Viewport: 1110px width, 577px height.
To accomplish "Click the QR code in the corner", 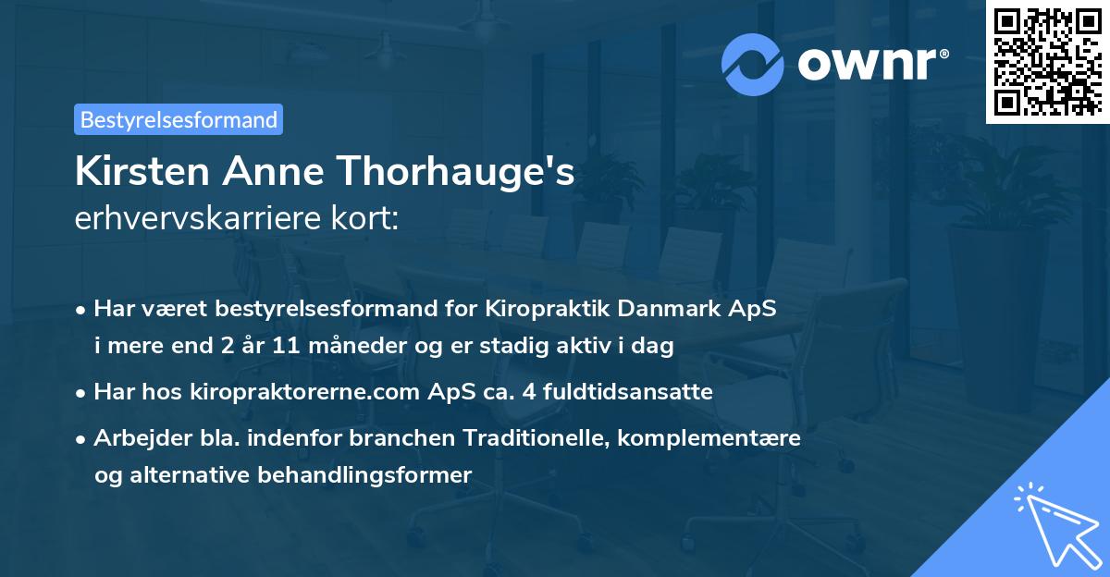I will [1047, 62].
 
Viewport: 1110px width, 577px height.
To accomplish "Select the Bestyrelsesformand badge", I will [179, 119].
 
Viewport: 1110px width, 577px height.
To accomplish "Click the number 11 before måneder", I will [286, 346].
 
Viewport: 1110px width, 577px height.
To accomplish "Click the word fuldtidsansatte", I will [635, 392].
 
